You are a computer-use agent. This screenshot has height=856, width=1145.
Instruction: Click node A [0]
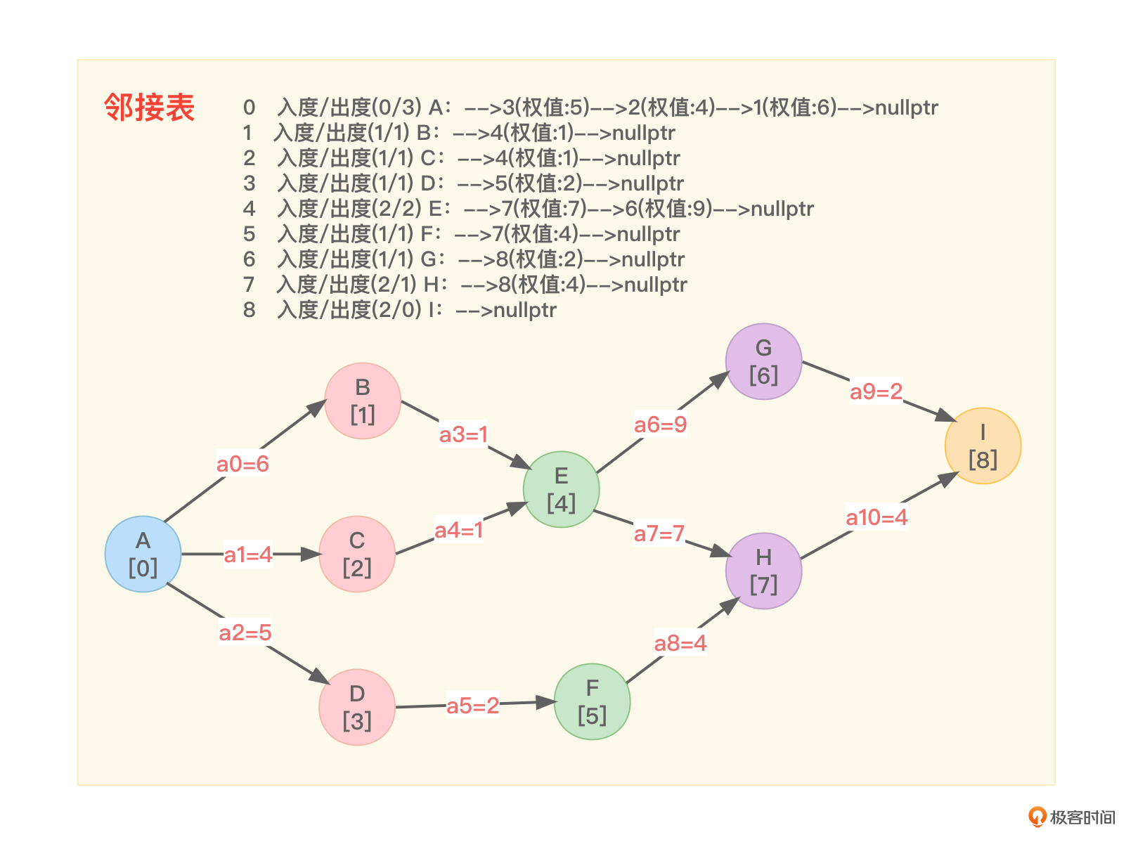point(143,554)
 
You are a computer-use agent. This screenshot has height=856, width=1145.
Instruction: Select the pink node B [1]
point(363,401)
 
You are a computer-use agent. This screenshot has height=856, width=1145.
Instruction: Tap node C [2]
point(357,554)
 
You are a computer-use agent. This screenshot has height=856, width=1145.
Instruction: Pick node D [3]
point(357,706)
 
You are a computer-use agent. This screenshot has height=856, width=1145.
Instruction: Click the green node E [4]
point(561,489)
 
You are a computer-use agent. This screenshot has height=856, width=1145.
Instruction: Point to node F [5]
point(592,701)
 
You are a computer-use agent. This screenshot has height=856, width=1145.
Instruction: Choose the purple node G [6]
point(763,361)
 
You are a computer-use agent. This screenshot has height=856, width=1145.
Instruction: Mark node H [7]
point(763,571)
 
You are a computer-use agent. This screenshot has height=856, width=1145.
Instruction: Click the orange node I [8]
point(983,446)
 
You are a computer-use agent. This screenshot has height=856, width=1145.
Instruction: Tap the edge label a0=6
point(242,464)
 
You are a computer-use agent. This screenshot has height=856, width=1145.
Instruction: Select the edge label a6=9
point(660,424)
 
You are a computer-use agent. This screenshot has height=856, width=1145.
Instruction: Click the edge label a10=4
point(876,517)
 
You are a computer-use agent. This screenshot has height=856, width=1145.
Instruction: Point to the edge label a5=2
point(472,705)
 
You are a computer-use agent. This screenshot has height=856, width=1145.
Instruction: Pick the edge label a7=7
point(659,533)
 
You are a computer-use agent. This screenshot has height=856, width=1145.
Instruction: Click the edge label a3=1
point(463,434)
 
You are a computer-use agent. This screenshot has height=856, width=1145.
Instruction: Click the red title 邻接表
point(149,108)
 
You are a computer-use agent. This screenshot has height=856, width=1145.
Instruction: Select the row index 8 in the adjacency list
point(249,310)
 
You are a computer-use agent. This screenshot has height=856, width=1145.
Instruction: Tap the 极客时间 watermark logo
point(1072,817)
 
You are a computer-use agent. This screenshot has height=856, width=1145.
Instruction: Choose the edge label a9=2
point(876,391)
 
